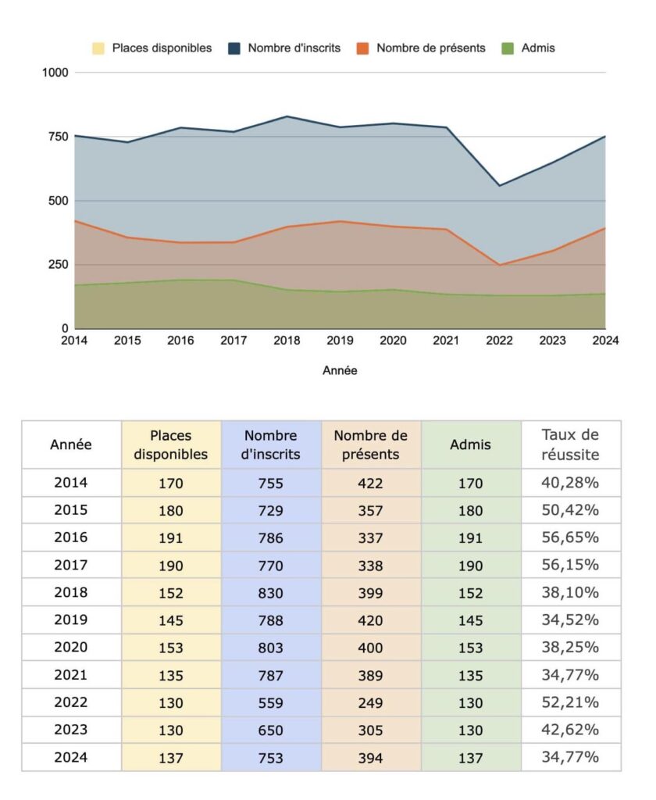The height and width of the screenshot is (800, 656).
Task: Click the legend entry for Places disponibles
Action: [x=152, y=48]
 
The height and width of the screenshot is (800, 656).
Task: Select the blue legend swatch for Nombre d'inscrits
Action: [x=234, y=48]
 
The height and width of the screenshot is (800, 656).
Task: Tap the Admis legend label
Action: [x=538, y=48]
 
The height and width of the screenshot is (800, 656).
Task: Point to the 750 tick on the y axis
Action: [x=58, y=137]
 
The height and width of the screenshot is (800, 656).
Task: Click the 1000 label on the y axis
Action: [x=55, y=73]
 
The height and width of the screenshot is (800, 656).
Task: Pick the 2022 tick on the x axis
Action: [x=499, y=341]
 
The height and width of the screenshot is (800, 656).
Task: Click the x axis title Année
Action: [x=340, y=370]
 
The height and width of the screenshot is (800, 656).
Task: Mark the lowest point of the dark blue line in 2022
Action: [x=499, y=185]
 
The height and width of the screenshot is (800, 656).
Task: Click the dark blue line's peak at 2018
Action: [x=287, y=116]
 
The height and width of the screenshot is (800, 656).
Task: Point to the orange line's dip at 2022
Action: [x=499, y=265]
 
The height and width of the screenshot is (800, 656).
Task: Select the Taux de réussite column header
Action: [x=570, y=445]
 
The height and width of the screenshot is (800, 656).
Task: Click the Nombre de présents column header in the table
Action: [x=371, y=445]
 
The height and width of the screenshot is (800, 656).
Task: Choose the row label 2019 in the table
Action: [x=71, y=620]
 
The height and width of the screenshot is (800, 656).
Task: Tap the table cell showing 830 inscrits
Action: [x=270, y=593]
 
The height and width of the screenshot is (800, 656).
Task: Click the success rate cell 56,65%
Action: [x=570, y=537]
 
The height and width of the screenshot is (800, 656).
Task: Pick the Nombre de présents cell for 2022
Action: [x=370, y=702]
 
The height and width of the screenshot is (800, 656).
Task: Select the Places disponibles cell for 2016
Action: [x=170, y=537]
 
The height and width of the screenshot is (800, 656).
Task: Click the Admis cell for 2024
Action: [x=470, y=758]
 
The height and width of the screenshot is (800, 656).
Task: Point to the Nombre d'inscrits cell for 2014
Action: [x=270, y=483]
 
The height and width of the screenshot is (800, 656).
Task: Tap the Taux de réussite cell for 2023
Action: [x=570, y=729]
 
